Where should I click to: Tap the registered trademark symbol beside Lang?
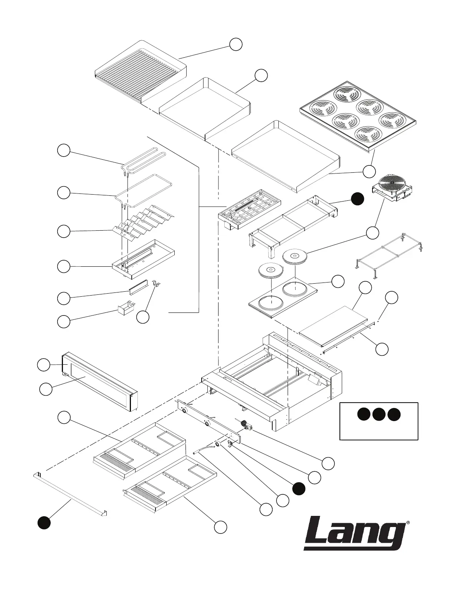tap(407, 523)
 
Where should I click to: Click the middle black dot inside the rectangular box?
tap(379, 415)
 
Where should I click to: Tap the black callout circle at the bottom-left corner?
tap(44, 523)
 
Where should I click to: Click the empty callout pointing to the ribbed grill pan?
tap(236, 44)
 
